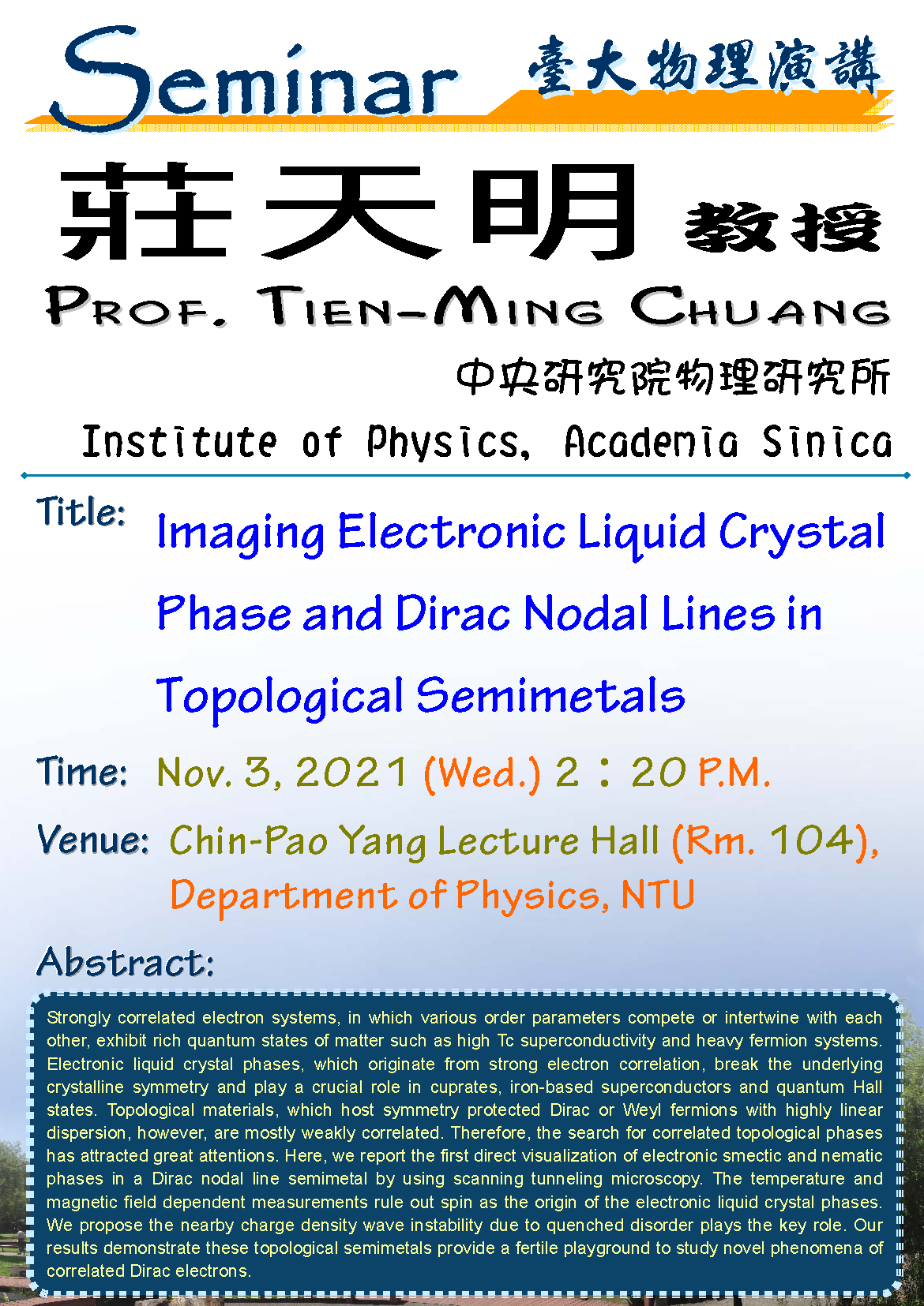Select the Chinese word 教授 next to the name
[783, 227]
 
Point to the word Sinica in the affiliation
[827, 441]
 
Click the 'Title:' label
[81, 512]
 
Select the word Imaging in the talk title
[240, 533]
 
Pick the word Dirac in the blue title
[453, 613]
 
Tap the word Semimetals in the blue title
[550, 695]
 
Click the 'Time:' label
[81, 771]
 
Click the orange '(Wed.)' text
[482, 773]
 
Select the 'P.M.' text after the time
[734, 772]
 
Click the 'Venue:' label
[92, 840]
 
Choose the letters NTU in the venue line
[658, 894]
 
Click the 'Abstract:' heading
[126, 961]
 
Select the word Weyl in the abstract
[641, 1110]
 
